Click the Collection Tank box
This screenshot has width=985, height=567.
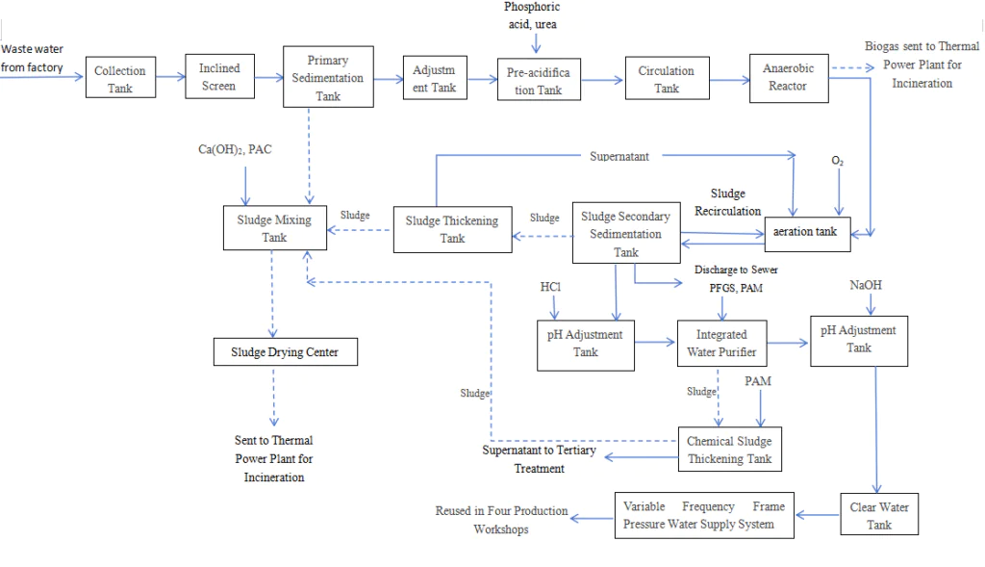[120, 79]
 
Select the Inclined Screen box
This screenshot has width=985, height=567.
[219, 77]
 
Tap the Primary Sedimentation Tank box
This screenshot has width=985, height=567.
[327, 77]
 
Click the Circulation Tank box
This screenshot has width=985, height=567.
[666, 79]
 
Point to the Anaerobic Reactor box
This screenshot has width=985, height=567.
[788, 77]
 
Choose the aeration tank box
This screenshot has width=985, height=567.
[807, 231]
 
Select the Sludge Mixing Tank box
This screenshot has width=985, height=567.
[274, 228]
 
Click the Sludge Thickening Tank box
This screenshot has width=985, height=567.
[452, 229]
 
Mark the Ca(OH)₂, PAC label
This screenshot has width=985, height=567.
[235, 151]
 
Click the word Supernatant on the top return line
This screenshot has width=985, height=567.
[619, 156]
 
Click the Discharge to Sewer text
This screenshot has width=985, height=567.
[736, 270]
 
